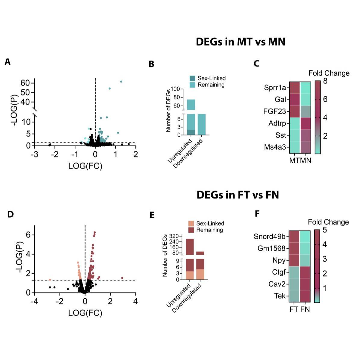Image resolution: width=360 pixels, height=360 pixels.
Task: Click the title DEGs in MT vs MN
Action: tap(241, 42)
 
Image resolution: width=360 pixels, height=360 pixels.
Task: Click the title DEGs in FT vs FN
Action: tap(237, 195)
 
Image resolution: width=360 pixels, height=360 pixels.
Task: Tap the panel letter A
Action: tap(7, 62)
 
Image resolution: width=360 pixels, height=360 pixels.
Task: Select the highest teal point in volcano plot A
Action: tap(121, 82)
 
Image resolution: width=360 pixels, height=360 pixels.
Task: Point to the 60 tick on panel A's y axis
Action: tap(25, 83)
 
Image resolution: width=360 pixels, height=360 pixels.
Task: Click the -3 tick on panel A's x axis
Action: tap(34, 154)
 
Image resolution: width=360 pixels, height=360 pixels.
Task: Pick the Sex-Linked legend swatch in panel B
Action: tap(192, 78)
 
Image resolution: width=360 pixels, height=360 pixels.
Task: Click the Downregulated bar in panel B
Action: tap(201, 124)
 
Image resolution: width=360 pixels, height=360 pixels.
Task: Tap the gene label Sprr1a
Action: tap(275, 88)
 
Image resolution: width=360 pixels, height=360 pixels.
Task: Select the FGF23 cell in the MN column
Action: tap(305, 112)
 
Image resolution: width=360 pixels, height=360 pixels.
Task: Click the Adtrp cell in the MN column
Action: tap(305, 123)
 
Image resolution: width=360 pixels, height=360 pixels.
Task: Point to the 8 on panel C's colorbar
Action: tap(325, 81)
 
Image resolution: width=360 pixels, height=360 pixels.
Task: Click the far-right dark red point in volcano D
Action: tap(122, 278)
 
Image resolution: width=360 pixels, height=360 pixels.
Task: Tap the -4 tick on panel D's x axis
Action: tap(34, 301)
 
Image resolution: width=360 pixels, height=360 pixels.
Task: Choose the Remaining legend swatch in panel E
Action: tap(191, 230)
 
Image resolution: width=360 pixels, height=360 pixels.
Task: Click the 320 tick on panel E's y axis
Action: tap(174, 236)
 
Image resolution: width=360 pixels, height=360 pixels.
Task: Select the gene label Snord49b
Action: tap(269, 237)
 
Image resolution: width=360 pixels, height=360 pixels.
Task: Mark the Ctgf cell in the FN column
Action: tap(305, 272)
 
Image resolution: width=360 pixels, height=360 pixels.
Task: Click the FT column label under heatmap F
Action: tap(294, 309)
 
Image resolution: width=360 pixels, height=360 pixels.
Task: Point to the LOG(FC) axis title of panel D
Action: tap(85, 313)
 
